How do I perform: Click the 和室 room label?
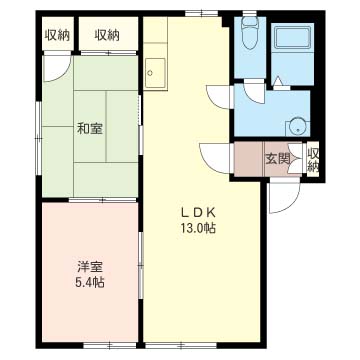[x=90, y=129]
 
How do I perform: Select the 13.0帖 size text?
[x=198, y=228]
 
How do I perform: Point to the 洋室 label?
[x=90, y=267]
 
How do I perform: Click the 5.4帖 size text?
[x=89, y=283]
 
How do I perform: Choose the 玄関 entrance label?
[x=277, y=159]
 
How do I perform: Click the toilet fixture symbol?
[x=248, y=32]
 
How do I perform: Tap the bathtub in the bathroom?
[x=293, y=36]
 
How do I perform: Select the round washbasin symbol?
[x=295, y=127]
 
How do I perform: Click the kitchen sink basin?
[x=155, y=73]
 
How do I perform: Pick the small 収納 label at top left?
[x=57, y=35]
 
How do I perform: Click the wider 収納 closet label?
[x=107, y=35]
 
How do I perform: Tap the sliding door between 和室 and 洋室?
[x=102, y=200]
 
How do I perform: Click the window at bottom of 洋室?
[x=110, y=345]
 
